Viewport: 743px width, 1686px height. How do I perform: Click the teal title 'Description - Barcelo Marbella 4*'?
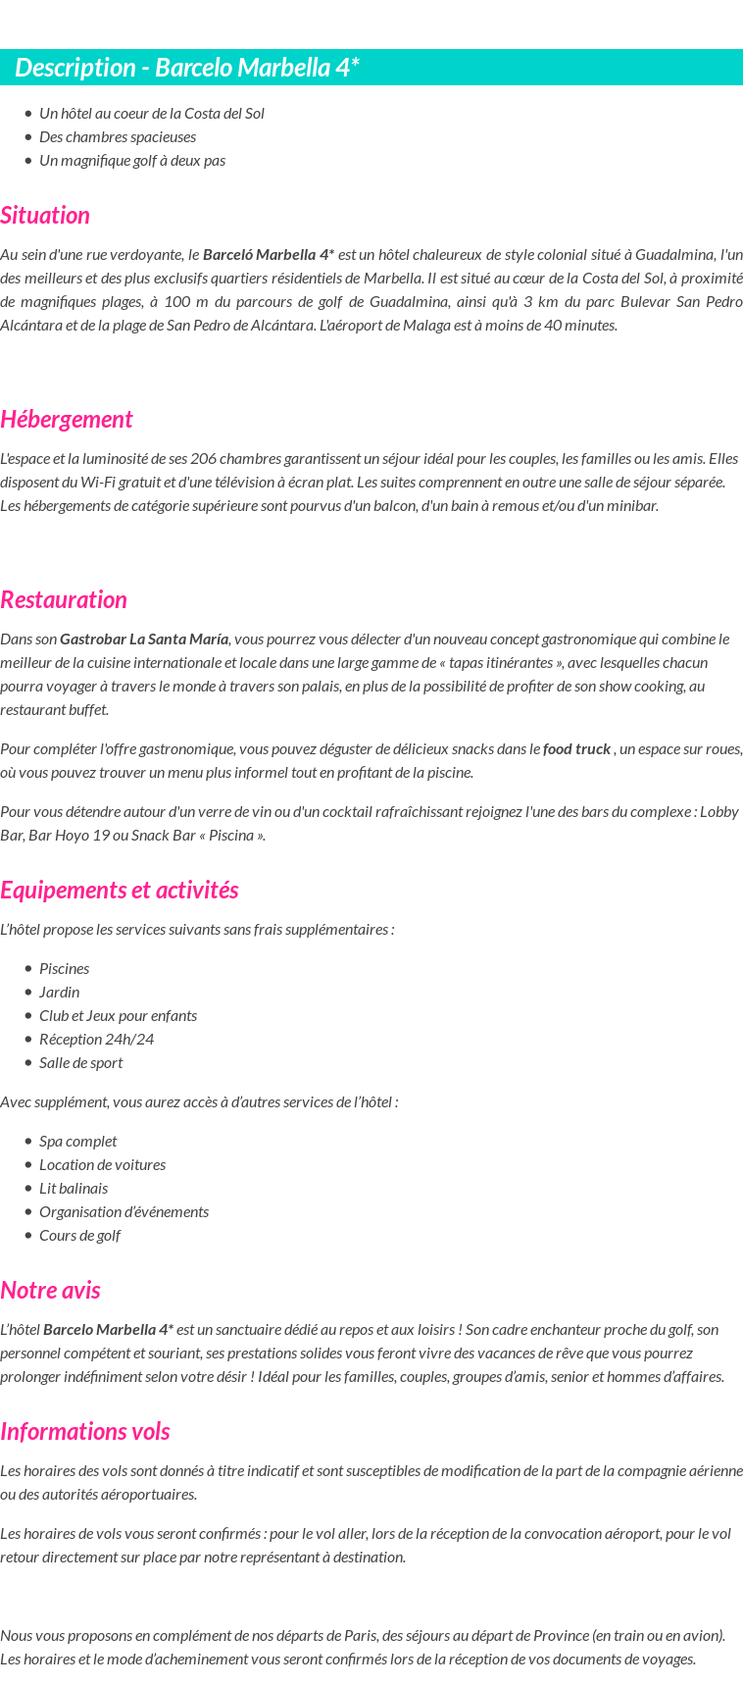tap(187, 68)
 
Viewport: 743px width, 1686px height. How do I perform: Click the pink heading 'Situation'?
tap(45, 216)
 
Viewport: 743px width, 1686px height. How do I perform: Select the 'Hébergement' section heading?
tap(66, 420)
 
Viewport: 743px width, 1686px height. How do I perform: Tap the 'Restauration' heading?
tap(64, 600)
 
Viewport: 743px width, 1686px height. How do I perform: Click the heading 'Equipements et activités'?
tap(119, 891)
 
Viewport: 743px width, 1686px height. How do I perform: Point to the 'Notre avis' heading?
tap(50, 1291)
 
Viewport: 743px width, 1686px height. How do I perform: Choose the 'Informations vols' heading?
tap(85, 1432)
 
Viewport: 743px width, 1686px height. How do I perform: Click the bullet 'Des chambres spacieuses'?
tap(118, 137)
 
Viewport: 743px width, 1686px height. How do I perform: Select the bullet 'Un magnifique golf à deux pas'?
tap(132, 161)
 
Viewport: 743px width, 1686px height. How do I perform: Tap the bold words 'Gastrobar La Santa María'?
tap(144, 639)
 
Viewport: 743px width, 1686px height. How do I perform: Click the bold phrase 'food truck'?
tap(576, 749)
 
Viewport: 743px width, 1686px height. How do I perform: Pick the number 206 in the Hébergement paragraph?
tap(204, 459)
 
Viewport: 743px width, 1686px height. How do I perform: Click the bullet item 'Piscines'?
tap(65, 969)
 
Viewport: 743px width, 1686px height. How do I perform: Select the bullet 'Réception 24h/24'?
tap(96, 1040)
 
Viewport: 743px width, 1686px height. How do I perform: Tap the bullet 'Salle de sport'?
tap(81, 1063)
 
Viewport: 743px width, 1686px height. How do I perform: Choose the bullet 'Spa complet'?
tap(77, 1142)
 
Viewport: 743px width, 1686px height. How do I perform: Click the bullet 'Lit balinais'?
tap(74, 1189)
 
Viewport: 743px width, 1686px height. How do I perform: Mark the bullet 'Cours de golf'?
tap(79, 1236)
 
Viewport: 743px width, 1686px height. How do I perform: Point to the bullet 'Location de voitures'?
tap(102, 1165)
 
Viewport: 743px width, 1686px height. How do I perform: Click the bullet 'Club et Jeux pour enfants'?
tap(118, 1016)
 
